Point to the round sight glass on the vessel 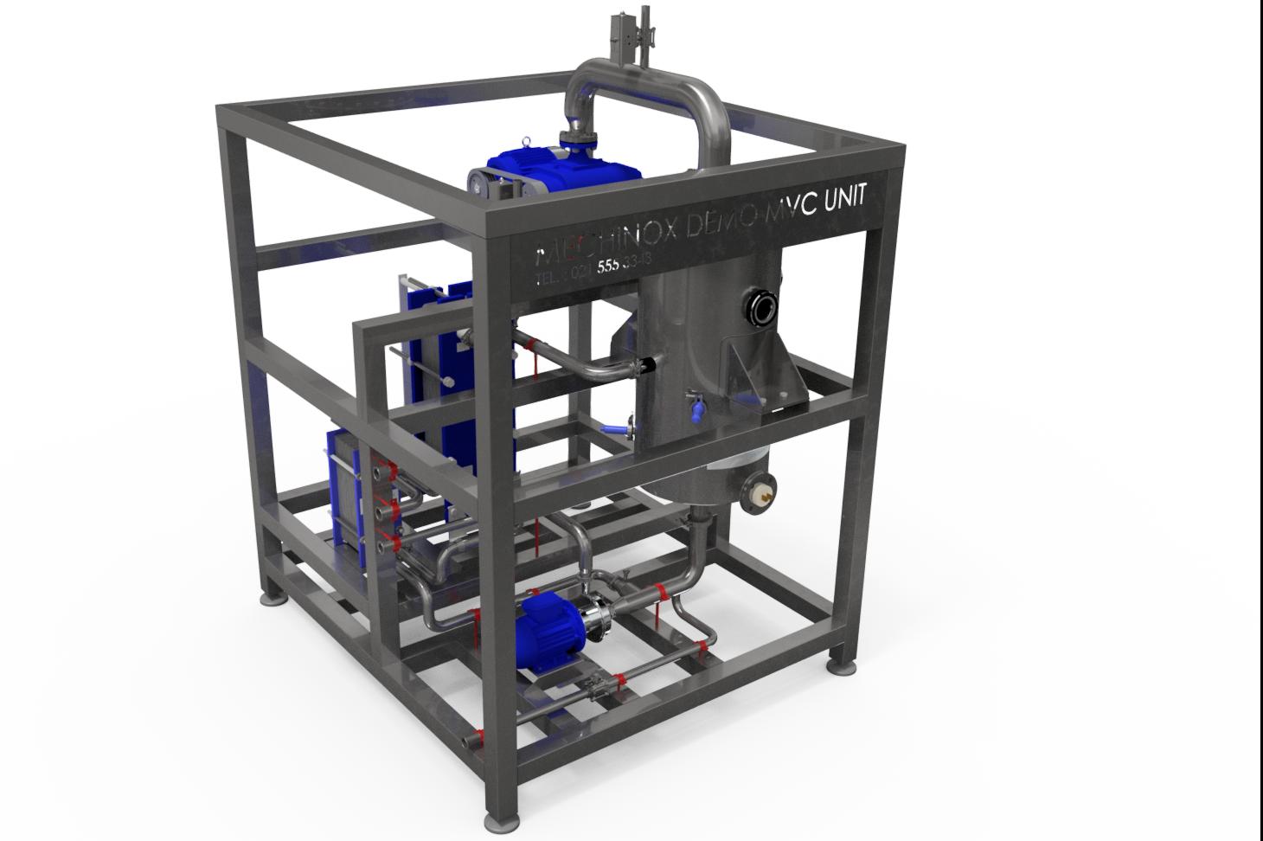(x=761, y=307)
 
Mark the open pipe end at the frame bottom (x=471, y=740)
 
